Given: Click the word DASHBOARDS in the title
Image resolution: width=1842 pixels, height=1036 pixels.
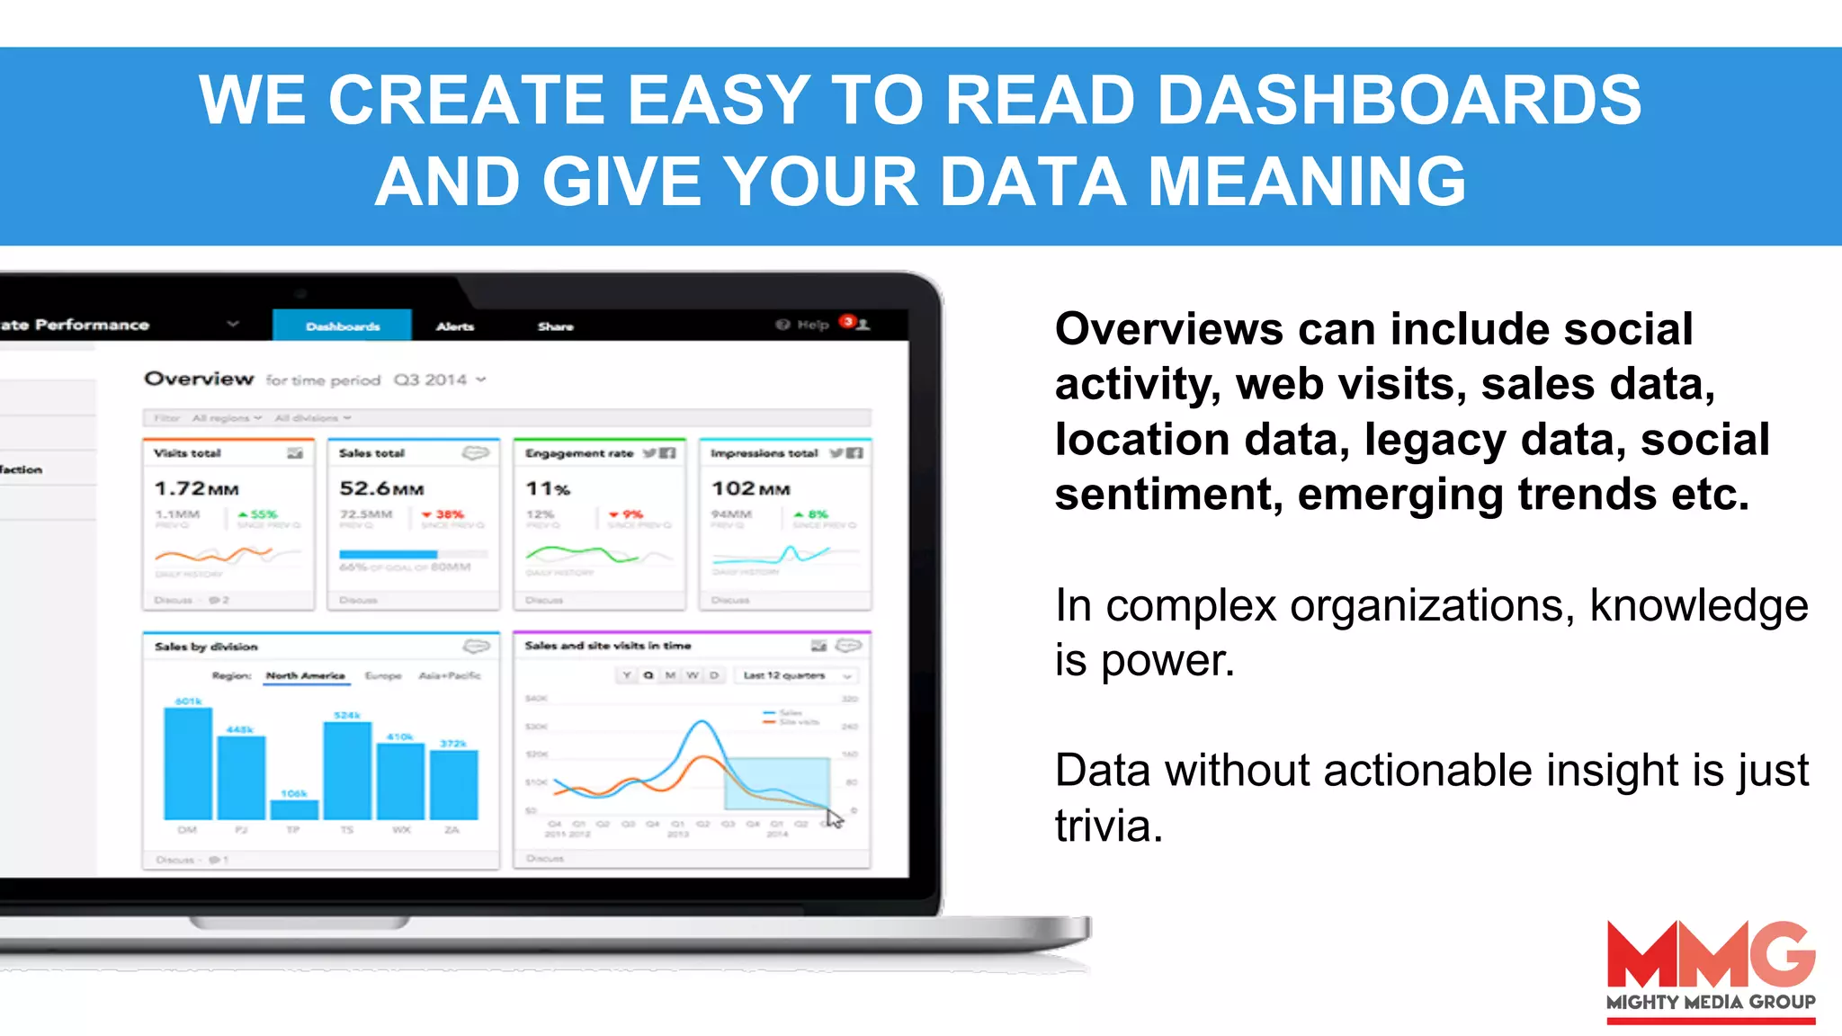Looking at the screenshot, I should click(1399, 100).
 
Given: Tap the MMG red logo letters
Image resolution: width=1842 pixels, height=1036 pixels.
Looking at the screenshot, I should click(1710, 955).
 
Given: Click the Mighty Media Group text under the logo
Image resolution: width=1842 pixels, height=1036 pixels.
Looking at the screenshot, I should click(1710, 1002).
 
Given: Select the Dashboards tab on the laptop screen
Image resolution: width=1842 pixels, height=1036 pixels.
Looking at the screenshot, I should click(343, 326).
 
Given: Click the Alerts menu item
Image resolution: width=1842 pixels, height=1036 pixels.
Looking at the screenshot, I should click(455, 326).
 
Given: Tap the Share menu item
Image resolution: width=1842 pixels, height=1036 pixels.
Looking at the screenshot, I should click(555, 326).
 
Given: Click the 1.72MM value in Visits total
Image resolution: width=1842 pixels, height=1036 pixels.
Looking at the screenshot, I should click(196, 488).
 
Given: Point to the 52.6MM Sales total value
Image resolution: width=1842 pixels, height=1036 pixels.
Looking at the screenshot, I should click(381, 488).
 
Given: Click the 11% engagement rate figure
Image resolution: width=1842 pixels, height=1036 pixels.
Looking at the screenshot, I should click(548, 488).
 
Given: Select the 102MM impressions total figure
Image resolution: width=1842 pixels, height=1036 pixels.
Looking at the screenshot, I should click(750, 488).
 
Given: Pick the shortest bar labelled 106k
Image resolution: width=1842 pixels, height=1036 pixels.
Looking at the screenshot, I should click(294, 809).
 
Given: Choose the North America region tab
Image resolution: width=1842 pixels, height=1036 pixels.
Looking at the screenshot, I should click(305, 675).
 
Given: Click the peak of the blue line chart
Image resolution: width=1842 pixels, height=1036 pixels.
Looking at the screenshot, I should click(702, 722).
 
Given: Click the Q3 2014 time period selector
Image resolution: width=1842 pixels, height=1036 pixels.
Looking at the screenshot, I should click(438, 380).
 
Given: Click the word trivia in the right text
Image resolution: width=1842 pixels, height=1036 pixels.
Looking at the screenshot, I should click(1108, 826).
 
